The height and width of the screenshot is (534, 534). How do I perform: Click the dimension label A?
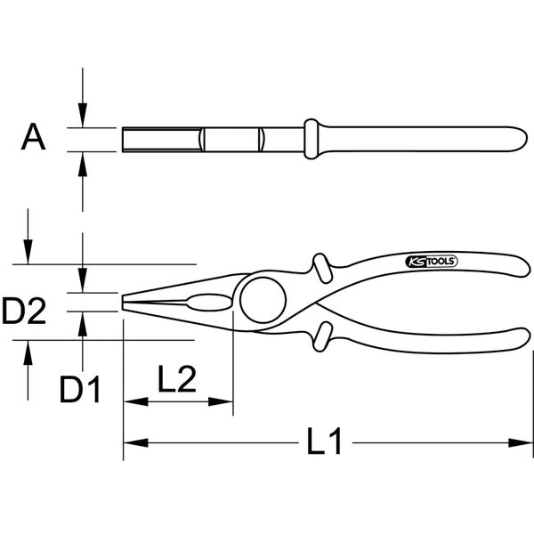(x=33, y=138)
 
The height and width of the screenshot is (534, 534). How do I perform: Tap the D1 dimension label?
(x=80, y=389)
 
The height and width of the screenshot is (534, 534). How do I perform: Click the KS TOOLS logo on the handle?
(x=431, y=261)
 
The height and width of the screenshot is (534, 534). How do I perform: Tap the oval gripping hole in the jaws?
(x=210, y=302)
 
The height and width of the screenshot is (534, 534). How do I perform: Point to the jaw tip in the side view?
(x=125, y=302)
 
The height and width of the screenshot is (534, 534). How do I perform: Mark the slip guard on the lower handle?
(x=321, y=337)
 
